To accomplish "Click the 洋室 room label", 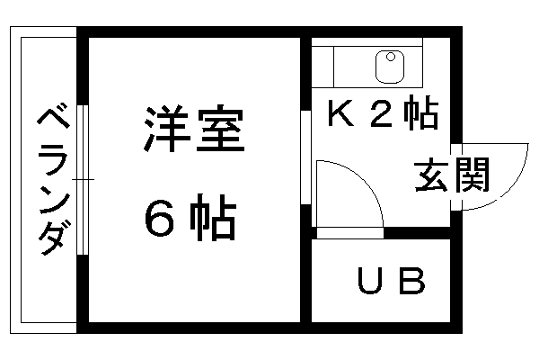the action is (x=194, y=130).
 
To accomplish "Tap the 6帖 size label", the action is (x=190, y=217).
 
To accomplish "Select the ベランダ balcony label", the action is (x=54, y=181).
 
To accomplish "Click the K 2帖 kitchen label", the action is (x=384, y=112).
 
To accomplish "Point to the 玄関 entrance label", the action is (x=452, y=175).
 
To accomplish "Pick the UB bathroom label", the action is (x=391, y=281).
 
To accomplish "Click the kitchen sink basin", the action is (x=390, y=67).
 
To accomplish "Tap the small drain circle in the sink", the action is (x=391, y=57).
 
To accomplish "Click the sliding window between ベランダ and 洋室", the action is (x=83, y=180).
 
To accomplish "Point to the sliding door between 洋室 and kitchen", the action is (x=305, y=157).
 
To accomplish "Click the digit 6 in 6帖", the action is (x=159, y=218).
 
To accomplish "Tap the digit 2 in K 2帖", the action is (x=383, y=113).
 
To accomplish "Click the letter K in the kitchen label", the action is (x=341, y=112).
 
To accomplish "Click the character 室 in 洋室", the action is (x=220, y=130).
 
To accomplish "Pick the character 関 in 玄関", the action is (x=472, y=175).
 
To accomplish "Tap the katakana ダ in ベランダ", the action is (x=54, y=238).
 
